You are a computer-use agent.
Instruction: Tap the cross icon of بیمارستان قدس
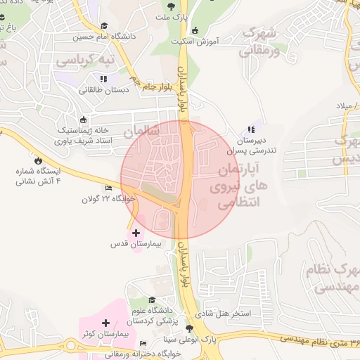coord(136,233)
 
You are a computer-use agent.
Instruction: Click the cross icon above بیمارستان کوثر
coord(105,322)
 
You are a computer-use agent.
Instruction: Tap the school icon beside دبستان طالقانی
coord(104,78)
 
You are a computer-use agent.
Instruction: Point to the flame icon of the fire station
coord(47,161)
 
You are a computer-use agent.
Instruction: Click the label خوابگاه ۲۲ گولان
coord(107,199)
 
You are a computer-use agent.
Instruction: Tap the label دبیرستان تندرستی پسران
coord(252,145)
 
